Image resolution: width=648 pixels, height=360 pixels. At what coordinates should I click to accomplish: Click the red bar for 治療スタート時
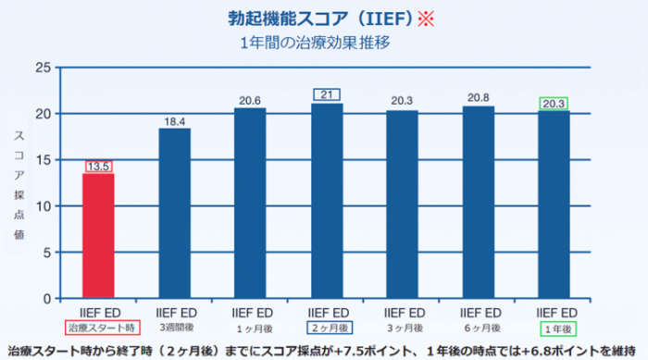(x=98, y=236)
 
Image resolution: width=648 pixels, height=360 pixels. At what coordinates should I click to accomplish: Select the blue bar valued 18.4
(x=175, y=213)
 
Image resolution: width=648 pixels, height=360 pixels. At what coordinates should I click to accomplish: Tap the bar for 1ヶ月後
(x=250, y=203)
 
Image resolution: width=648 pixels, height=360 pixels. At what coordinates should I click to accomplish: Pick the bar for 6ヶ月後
(x=479, y=202)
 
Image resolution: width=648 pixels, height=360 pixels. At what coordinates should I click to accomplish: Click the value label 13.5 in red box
(x=98, y=167)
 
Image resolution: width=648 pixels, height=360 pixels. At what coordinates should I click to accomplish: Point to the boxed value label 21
(x=327, y=94)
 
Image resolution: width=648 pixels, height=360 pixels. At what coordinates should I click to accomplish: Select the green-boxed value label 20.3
(x=554, y=104)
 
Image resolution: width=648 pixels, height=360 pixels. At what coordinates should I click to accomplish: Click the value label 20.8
(x=479, y=98)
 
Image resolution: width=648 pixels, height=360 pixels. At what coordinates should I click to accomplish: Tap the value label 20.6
(x=250, y=101)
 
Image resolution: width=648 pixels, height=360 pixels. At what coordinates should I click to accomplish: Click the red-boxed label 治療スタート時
(x=102, y=328)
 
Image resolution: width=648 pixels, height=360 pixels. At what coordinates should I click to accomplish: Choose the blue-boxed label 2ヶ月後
(x=330, y=328)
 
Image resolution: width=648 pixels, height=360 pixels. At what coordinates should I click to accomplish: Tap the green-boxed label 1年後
(x=558, y=329)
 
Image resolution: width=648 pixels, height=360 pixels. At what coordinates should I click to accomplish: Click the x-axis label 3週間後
(x=177, y=328)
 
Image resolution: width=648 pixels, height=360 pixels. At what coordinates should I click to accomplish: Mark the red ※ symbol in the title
(x=426, y=19)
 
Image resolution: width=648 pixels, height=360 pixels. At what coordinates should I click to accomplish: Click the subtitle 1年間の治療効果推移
(x=315, y=43)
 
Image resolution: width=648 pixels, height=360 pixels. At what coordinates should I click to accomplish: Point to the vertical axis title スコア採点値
(x=19, y=185)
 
